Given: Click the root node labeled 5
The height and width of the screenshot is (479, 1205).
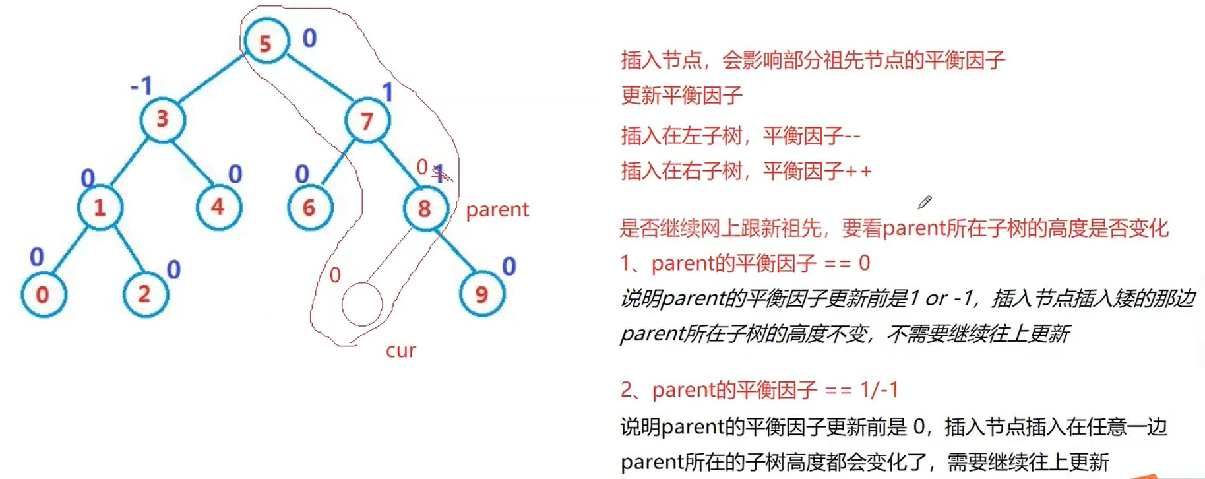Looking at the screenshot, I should coord(266,42).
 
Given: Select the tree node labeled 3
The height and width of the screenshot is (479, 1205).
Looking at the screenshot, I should coord(162,119).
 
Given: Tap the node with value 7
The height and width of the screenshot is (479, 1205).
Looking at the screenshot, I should coord(367,121).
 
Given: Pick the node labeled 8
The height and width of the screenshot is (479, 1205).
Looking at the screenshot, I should coord(425,208).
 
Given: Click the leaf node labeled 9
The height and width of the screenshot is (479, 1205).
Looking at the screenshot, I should coord(482,294).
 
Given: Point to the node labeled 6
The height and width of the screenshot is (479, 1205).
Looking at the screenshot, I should coord(309,208).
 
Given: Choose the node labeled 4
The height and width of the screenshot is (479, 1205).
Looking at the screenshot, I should coord(218,207).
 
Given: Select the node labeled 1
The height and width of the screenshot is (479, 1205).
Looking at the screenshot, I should coord(100,208).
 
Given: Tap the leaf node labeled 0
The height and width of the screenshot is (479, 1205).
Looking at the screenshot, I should coord(43,294).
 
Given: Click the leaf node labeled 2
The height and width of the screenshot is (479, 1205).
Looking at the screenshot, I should coord(145,294).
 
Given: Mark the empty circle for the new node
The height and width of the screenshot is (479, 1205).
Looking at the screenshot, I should coord(362,305).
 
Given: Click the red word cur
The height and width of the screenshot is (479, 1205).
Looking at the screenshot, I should coord(401,350).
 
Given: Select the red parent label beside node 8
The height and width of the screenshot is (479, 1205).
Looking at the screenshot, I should coord(497,210).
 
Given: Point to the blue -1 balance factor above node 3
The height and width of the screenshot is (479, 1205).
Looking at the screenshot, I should coord(142,86).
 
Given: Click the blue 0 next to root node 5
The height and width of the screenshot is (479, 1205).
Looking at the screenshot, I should coord(309,38).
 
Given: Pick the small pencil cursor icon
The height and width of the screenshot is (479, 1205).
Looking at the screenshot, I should coord(925,202).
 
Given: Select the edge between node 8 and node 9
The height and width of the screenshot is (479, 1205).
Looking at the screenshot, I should coord(454,251).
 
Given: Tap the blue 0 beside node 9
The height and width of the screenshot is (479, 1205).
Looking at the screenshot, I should coord(509,267).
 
